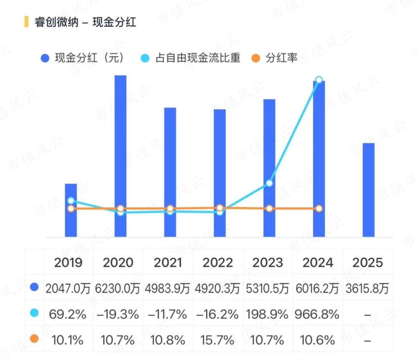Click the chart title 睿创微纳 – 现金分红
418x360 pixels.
(x=85, y=22)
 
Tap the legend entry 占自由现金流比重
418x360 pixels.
(x=191, y=58)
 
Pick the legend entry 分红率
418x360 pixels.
(x=274, y=58)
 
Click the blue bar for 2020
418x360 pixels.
(x=120, y=156)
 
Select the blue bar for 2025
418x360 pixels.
(x=368, y=190)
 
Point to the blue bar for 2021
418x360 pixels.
(x=170, y=172)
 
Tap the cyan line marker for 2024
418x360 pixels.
(x=319, y=80)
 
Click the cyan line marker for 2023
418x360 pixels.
(x=269, y=183)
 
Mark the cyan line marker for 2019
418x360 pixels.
(x=71, y=201)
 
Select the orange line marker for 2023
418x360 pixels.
(x=269, y=208)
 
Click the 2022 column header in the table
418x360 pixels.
(x=218, y=263)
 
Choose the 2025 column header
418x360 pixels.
(x=368, y=263)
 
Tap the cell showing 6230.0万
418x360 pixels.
(x=117, y=289)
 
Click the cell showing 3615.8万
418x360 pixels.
(x=367, y=289)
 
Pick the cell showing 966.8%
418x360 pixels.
(x=317, y=314)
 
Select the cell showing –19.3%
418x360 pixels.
(x=118, y=314)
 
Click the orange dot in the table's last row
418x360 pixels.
(x=34, y=339)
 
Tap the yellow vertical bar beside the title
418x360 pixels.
(x=26, y=22)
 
